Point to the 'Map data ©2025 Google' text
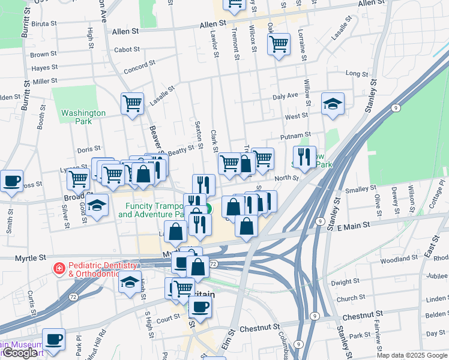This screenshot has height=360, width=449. (x=412, y=355)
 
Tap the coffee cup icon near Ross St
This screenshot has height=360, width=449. (x=11, y=181)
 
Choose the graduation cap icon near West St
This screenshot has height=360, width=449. (x=333, y=104)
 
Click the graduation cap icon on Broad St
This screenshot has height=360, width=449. (x=97, y=205)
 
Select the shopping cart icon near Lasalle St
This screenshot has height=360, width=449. (x=132, y=103)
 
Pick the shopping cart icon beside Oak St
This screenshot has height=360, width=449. (x=279, y=44)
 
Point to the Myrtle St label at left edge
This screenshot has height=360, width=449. (x=30, y=257)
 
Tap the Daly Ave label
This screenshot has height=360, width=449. (x=285, y=95)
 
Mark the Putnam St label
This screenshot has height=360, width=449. (x=299, y=136)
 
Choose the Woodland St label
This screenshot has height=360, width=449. (x=399, y=259)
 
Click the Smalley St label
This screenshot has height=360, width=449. (x=360, y=189)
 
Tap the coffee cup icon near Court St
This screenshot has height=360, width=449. (x=200, y=307)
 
